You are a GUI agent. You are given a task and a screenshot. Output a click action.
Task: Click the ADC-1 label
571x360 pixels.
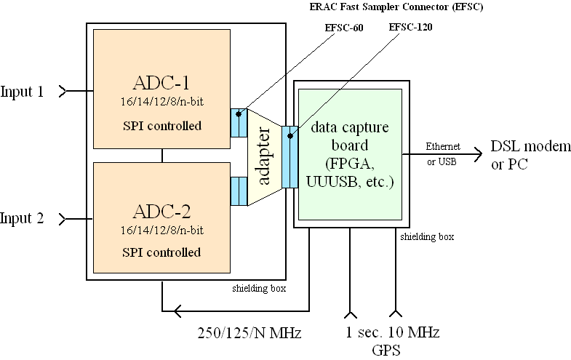162,81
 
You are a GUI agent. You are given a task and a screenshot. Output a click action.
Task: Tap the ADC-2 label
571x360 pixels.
162,212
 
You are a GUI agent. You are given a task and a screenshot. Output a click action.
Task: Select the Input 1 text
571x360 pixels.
22,92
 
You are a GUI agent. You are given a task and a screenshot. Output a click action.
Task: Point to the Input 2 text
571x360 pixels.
22,218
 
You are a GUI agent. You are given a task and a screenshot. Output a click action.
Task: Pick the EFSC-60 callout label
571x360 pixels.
344,28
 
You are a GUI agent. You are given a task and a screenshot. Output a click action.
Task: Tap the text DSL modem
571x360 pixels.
531,146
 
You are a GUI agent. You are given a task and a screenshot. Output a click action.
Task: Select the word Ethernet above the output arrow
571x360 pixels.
444,146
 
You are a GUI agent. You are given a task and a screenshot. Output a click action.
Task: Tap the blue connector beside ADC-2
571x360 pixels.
239,191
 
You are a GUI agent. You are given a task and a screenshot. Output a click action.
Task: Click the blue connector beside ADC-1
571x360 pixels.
239,122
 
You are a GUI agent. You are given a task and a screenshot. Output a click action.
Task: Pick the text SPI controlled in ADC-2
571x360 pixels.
162,252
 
